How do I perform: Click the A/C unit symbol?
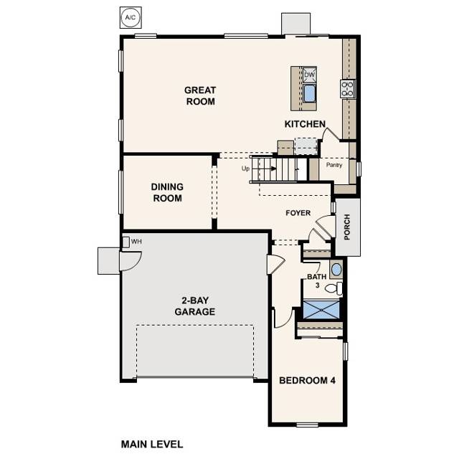coord(130,16)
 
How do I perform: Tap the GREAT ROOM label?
coord(200,95)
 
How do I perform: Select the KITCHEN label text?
coord(306,124)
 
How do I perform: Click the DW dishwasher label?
coord(309,75)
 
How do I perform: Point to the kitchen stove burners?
coord(348,88)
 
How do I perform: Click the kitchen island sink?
coord(310,93)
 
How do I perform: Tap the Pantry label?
coord(334,165)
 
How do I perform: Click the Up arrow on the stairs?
coord(261,170)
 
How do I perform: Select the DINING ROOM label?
coord(167,192)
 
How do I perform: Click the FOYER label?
coord(298,213)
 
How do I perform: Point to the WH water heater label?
coord(136,241)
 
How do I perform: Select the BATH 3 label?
coord(316,280)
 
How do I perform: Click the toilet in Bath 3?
coord(333,288)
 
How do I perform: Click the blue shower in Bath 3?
coord(321,309)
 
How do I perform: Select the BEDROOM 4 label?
coord(307,380)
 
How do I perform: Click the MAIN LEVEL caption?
coord(152,444)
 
